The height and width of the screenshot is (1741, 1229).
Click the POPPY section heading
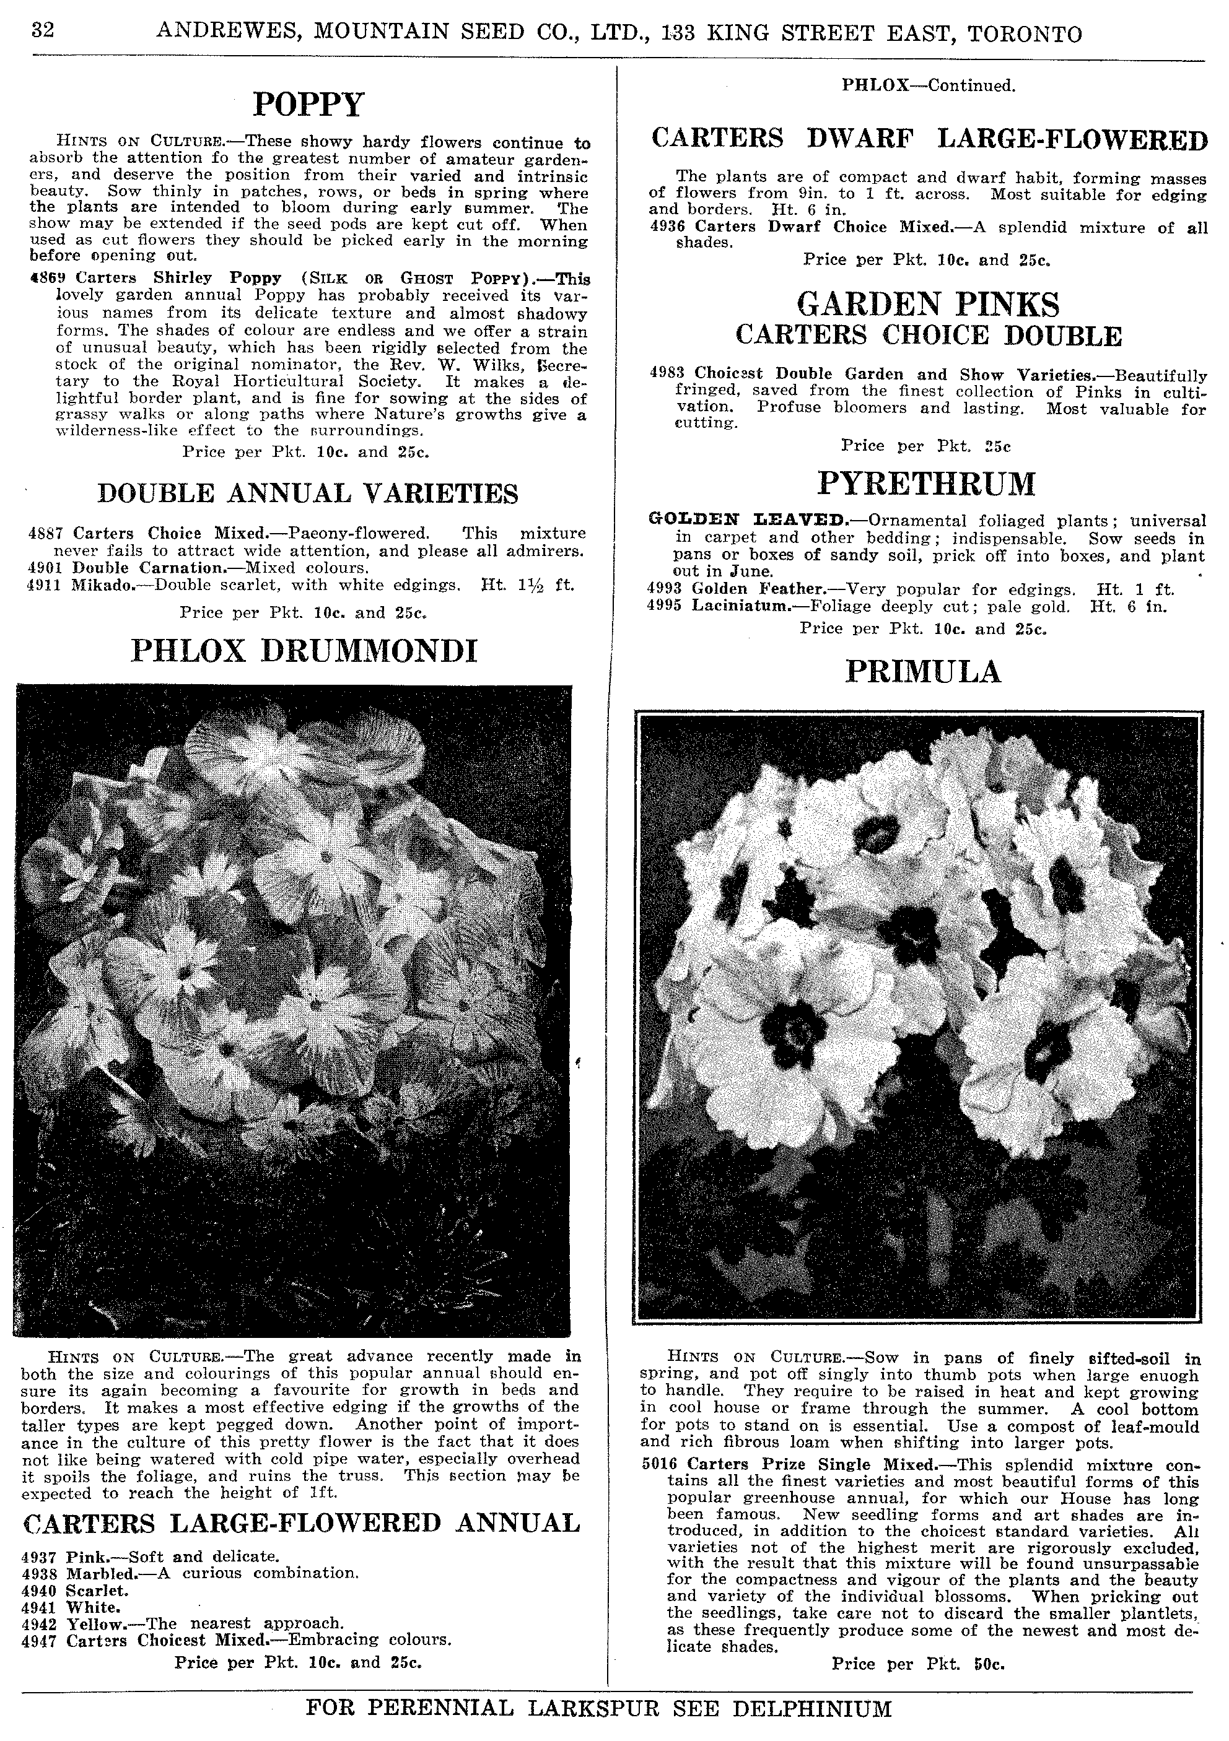point(308,105)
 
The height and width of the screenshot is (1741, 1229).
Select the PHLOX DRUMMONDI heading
point(305,651)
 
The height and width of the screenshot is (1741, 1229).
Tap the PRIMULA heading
point(923,672)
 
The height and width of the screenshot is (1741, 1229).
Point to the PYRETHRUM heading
point(926,484)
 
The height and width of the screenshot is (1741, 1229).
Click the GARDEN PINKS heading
point(928,305)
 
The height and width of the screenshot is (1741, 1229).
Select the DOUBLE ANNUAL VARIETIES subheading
point(308,493)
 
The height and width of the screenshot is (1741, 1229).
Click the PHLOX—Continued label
point(928,85)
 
